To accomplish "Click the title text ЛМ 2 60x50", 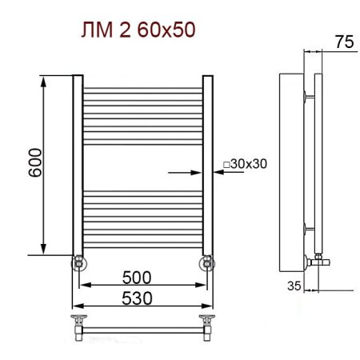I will tap(138, 31).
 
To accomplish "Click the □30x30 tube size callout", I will tap(245, 164).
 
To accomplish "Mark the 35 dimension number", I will tap(293, 284).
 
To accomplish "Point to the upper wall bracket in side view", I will tap(308, 98).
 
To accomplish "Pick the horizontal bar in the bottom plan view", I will tap(143, 327).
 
